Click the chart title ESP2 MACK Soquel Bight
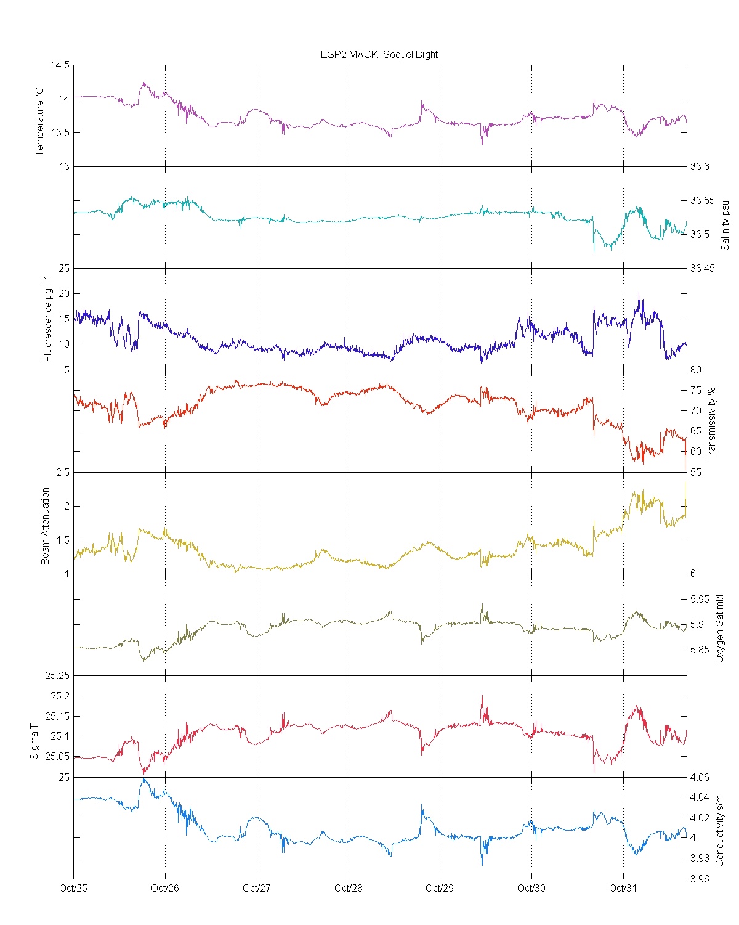coord(379,54)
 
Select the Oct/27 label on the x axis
coord(256,888)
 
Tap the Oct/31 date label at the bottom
coord(623,888)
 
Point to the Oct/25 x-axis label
coord(73,888)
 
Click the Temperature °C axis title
coord(40,121)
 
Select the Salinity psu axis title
coord(725,224)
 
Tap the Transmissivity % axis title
coord(712,424)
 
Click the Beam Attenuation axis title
coord(46,526)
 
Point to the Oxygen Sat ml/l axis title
coord(719,629)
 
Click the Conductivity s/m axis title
coord(719,830)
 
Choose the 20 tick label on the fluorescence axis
coord(63,293)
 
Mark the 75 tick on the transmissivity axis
coord(695,390)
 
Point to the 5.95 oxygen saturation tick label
coord(700,599)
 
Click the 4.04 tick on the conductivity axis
coord(700,797)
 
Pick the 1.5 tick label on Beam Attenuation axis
coord(63,540)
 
